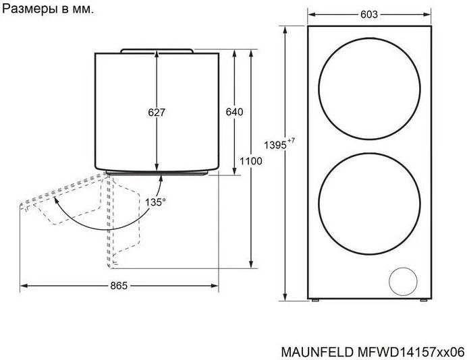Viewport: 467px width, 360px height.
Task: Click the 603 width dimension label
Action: tap(369, 14)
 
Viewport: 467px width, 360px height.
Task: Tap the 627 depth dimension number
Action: tap(157, 112)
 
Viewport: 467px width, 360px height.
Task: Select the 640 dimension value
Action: tap(234, 112)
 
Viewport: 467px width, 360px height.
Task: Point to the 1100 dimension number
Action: tap(251, 161)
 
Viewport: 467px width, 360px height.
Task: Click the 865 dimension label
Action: tap(119, 286)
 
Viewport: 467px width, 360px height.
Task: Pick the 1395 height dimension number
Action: tap(275, 145)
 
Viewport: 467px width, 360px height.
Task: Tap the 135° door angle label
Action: tap(155, 202)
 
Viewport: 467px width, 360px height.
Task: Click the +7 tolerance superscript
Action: tap(291, 140)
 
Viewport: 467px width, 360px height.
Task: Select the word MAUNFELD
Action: tap(317, 352)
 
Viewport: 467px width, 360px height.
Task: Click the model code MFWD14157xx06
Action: tap(411, 352)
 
